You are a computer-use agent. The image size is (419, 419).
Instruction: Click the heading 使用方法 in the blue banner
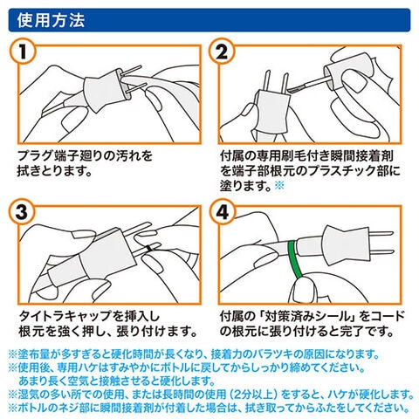coord(51,20)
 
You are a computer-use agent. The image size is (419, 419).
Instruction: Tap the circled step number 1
coord(23,52)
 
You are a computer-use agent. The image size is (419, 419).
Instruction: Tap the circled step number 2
coord(223,52)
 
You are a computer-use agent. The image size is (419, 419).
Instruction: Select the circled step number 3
coord(23,212)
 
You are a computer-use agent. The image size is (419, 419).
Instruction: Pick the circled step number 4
coord(223,212)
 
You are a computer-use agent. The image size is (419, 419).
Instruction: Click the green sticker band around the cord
coord(294,259)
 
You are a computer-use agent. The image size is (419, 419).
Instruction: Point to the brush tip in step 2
coord(294,88)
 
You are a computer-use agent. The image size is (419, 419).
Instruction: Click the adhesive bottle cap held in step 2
coord(348,71)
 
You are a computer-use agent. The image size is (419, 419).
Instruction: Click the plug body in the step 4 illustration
coord(343,245)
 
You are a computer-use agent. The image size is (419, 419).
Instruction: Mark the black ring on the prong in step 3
coord(150,248)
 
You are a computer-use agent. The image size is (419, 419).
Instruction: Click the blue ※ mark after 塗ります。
coord(279,185)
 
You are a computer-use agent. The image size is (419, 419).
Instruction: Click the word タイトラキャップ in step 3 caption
coord(65,316)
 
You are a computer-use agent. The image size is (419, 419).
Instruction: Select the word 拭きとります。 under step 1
coord(55,171)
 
